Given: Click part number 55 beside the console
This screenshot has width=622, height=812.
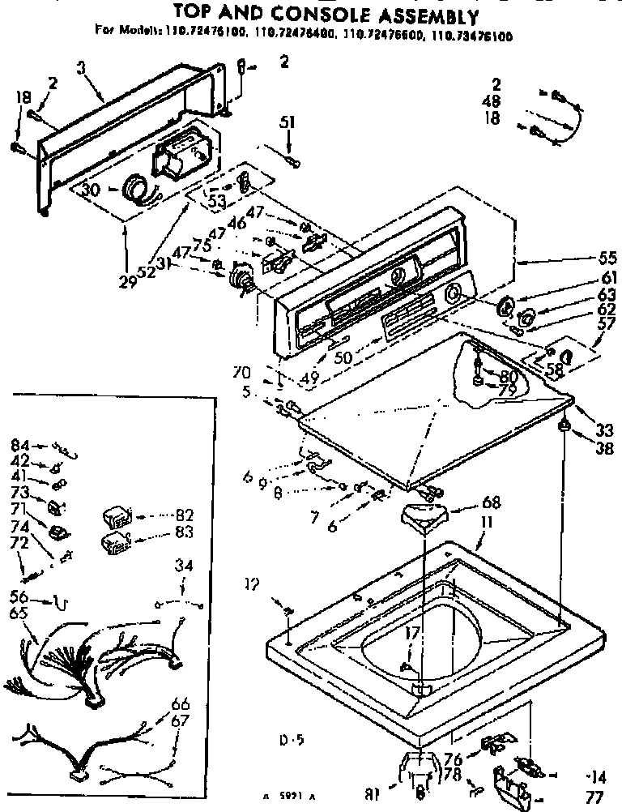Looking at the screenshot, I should (x=607, y=259).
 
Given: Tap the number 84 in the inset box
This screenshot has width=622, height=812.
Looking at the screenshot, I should (x=20, y=444).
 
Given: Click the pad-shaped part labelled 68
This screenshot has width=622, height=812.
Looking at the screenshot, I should (x=424, y=513).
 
